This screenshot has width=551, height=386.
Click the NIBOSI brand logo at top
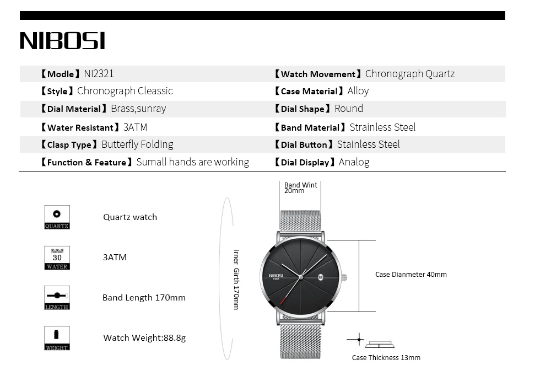[x=62, y=41]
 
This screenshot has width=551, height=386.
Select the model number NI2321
[x=99, y=74]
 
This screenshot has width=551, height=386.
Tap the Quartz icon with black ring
[x=57, y=217]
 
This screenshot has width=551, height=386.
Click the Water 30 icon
[x=57, y=258]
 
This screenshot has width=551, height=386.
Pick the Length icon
[x=57, y=298]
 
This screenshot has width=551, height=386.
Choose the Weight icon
[x=57, y=338]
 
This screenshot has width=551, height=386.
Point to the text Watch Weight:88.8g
[x=144, y=337]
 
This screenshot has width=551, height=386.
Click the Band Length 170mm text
[x=144, y=298]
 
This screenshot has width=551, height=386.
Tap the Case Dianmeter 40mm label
[x=410, y=275]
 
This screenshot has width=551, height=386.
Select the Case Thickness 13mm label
[x=386, y=358]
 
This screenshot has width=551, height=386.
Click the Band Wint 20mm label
[x=300, y=188]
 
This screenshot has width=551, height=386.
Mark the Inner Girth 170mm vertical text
[x=236, y=279]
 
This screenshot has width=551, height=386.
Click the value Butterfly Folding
[x=137, y=144]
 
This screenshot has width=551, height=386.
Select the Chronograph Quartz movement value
[x=410, y=74]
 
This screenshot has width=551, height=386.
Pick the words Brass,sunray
[x=138, y=109]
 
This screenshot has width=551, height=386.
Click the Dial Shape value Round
[x=349, y=109]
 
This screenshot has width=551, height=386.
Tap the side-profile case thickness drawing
[x=380, y=344]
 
